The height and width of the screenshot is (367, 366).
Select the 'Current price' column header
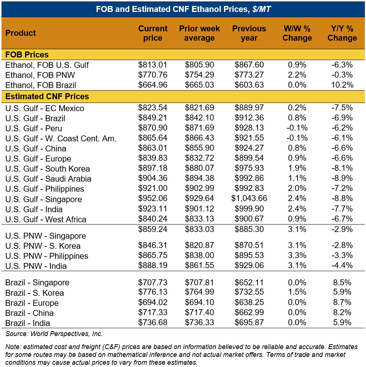pyautogui.click(x=153, y=33)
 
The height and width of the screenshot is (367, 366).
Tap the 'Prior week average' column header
pyautogui.click(x=199, y=33)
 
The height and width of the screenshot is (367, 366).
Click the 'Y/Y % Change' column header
pyautogui.click(x=342, y=33)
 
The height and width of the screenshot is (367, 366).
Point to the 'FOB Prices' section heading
pyautogui.click(x=27, y=54)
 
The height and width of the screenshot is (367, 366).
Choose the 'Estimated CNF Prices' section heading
pyautogui.click(x=47, y=97)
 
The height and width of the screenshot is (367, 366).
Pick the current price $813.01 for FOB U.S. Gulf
pyautogui.click(x=153, y=65)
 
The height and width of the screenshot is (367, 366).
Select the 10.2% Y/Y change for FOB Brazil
pyautogui.click(x=342, y=85)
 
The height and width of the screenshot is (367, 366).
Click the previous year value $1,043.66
pyautogui.click(x=249, y=199)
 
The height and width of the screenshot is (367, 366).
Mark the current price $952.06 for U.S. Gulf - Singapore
pyautogui.click(x=153, y=199)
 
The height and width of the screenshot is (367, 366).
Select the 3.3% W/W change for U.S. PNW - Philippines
pyautogui.click(x=297, y=256)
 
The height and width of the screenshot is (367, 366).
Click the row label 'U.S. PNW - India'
pyautogui.click(x=36, y=266)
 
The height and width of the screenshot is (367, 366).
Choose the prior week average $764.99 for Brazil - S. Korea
pyautogui.click(x=199, y=293)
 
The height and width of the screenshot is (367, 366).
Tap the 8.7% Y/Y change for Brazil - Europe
pyautogui.click(x=342, y=303)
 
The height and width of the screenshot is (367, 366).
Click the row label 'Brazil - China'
pyautogui.click(x=29, y=313)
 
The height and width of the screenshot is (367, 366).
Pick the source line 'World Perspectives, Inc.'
pyautogui.click(x=66, y=334)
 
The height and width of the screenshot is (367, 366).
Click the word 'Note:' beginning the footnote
pyautogui.click(x=13, y=347)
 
